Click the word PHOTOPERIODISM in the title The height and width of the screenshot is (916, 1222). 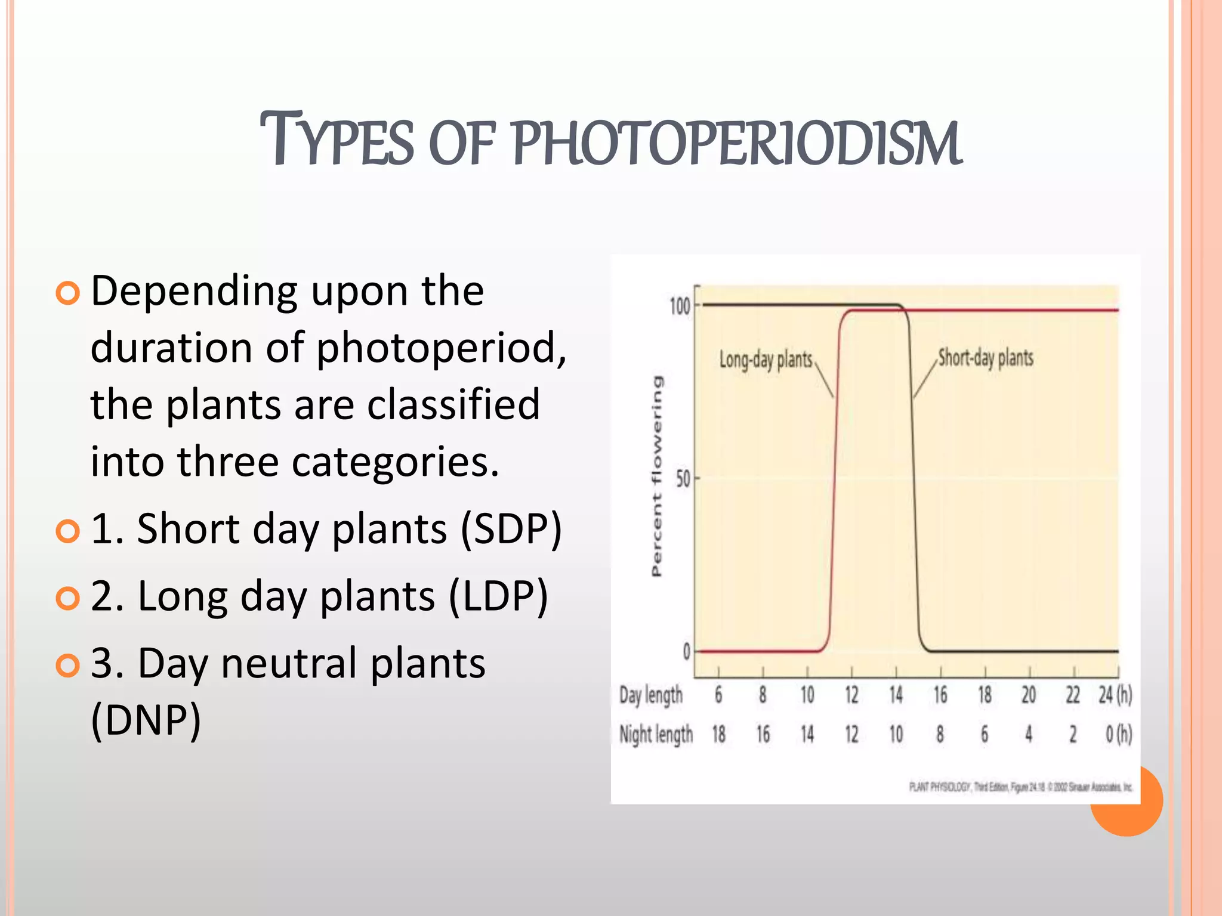pyautogui.click(x=737, y=143)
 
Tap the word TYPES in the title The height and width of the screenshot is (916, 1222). pyautogui.click(x=337, y=141)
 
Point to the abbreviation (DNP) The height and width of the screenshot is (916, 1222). pyautogui.click(x=146, y=720)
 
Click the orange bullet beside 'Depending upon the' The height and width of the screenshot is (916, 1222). pyautogui.click(x=67, y=293)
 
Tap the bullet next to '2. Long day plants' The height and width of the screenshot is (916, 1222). pyautogui.click(x=67, y=598)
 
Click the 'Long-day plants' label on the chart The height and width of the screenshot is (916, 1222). pyautogui.click(x=766, y=360)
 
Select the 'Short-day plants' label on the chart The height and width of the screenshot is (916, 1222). pyautogui.click(x=985, y=358)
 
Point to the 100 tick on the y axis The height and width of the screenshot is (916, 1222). pyautogui.click(x=680, y=307)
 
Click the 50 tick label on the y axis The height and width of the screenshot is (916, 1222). pyautogui.click(x=683, y=479)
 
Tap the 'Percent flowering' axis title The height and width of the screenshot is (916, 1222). pyautogui.click(x=656, y=476)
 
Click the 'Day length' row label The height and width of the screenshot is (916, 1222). pyautogui.click(x=650, y=695)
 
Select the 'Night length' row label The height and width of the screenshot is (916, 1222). pyautogui.click(x=656, y=734)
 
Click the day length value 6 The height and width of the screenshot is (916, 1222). pyautogui.click(x=718, y=695)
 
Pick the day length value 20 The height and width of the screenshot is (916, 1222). pyautogui.click(x=1029, y=695)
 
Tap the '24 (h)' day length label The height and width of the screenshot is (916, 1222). pyautogui.click(x=1115, y=695)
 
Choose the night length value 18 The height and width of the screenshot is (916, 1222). pyautogui.click(x=718, y=734)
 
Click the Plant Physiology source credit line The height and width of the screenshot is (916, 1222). pyautogui.click(x=1020, y=787)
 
